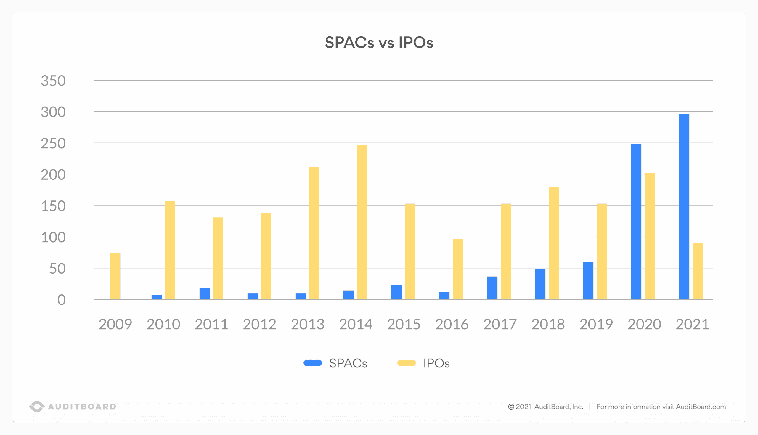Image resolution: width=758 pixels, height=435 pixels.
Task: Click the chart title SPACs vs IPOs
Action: point(379,42)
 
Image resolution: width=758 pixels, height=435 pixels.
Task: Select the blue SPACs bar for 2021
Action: point(684,206)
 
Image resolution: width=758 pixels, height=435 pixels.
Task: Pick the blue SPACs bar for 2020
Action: point(636,221)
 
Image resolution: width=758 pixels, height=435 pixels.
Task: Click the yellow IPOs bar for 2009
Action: point(115,276)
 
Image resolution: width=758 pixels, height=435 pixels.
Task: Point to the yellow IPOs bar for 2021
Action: point(697,271)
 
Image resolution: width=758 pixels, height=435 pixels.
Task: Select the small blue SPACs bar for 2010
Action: point(157,297)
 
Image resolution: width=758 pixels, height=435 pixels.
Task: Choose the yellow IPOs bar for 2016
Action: point(457,269)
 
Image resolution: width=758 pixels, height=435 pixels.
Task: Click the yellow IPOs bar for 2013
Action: point(314,233)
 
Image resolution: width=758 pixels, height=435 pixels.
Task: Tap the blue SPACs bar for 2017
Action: point(492,288)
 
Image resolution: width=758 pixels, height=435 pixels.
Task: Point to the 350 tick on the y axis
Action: point(53,81)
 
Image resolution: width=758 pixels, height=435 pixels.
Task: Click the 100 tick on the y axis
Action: point(53,237)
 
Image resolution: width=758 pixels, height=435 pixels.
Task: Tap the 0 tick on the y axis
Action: point(61,300)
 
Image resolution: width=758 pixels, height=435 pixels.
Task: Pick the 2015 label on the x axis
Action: point(404,324)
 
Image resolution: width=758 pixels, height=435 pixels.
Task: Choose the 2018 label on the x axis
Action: point(548,324)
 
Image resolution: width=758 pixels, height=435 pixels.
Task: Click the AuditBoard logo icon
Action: point(37,406)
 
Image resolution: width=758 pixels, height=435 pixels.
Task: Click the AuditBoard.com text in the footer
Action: point(701,407)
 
